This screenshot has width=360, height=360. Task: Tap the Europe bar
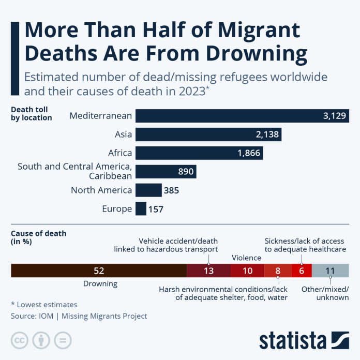141,209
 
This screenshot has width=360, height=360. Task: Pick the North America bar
148,190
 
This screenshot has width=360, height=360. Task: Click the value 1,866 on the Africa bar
250,153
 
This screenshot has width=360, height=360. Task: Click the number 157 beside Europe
157,209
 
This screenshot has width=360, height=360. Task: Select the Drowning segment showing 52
99,271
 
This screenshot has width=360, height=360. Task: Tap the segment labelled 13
208,271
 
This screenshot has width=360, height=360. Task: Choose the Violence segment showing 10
247,271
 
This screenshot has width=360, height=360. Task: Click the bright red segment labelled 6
302,271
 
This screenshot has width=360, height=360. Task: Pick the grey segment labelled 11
331,271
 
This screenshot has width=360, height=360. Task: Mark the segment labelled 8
278,271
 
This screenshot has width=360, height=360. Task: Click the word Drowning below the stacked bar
100,283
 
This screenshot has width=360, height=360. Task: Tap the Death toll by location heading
32,114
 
